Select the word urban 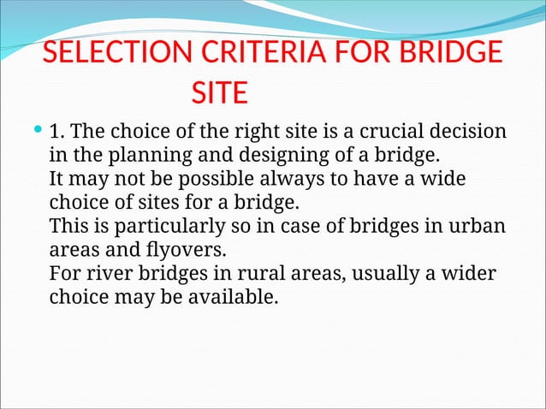click(x=478, y=228)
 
